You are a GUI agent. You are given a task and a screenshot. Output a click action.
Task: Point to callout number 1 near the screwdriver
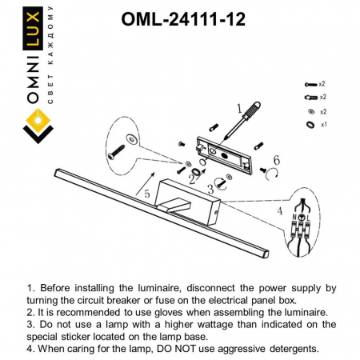coord(238,106)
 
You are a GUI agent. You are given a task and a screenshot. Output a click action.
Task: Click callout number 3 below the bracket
coord(210,189)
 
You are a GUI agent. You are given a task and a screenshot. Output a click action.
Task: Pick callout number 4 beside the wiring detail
coord(278,211)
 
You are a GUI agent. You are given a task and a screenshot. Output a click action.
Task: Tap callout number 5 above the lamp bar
coord(146,193)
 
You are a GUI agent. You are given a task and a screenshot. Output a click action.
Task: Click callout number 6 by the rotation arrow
coord(276,160)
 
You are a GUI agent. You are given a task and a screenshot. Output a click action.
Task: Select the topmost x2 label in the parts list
coord(322,83)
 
